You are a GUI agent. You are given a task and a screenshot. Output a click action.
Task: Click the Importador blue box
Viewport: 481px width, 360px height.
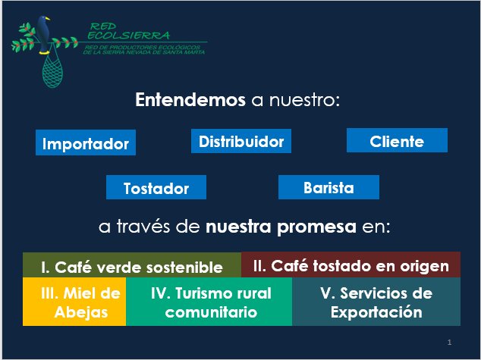point(86,143)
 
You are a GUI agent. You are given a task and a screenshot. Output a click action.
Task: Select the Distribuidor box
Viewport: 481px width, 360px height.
point(240,142)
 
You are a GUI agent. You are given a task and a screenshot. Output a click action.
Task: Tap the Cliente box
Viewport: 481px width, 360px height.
point(397,141)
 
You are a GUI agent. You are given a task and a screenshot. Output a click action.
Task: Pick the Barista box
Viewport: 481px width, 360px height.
point(329,187)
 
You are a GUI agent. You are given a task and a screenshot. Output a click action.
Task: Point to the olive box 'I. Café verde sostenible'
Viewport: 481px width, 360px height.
point(132,266)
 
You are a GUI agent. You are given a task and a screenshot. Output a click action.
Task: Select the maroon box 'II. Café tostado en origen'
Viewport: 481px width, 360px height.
point(351,265)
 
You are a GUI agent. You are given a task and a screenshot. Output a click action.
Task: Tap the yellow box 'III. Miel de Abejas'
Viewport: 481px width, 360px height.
point(74,302)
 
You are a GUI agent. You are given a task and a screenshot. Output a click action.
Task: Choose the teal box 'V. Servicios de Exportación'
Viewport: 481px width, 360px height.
point(376,302)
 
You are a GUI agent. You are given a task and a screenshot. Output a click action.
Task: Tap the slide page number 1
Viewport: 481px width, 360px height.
point(450,341)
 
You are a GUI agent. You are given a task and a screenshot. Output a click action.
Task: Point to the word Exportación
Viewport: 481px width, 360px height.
point(376,311)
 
